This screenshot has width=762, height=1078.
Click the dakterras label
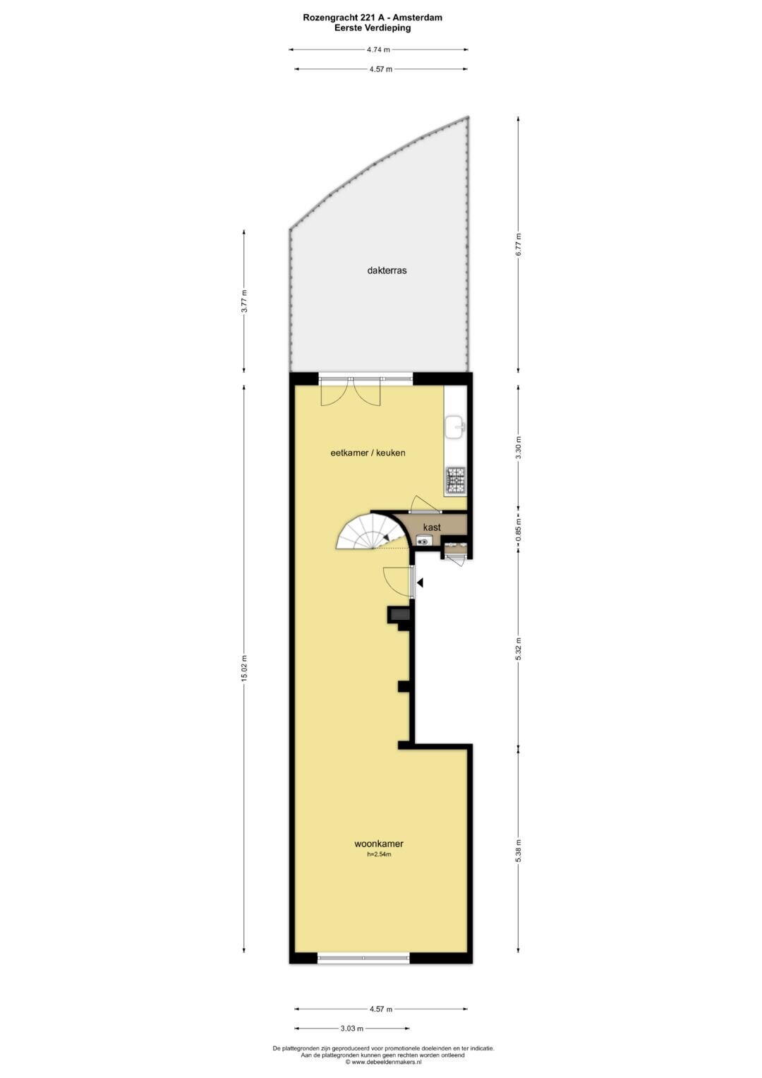coord(387,271)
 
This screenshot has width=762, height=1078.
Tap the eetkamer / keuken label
coord(368,453)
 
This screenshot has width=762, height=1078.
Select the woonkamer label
coord(379,857)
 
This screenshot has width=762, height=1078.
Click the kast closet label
coord(432,527)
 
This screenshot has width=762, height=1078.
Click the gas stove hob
coord(456,480)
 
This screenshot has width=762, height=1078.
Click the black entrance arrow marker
coord(420,583)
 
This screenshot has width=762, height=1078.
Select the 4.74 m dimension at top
coord(378,49)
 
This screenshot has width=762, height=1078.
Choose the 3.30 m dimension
coord(518,448)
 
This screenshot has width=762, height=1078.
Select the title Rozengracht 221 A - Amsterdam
coord(373,18)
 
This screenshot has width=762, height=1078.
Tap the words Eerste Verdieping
coord(373,28)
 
